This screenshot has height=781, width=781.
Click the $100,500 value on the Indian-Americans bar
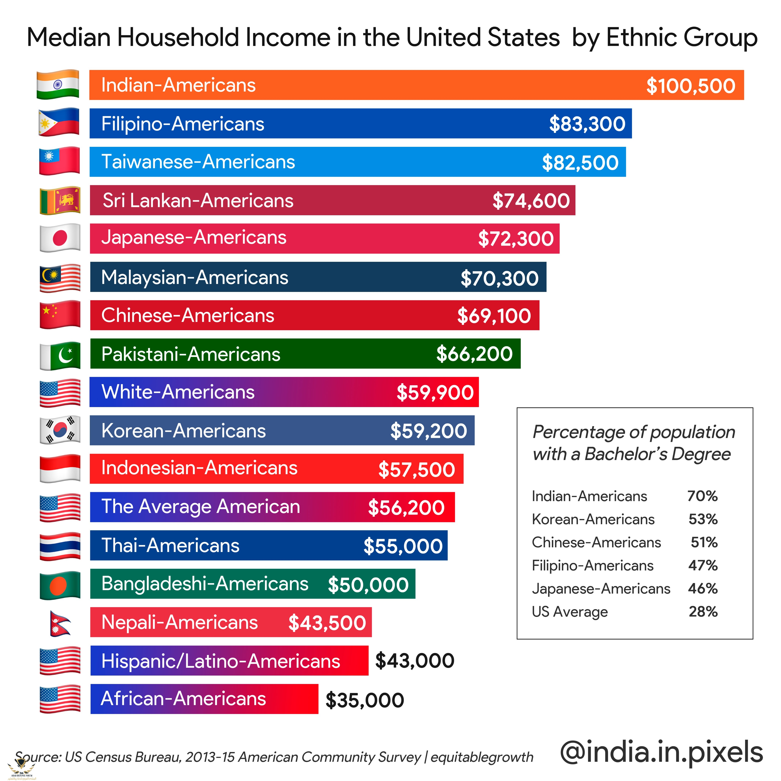tap(690, 86)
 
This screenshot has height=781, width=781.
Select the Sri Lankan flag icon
tap(60, 201)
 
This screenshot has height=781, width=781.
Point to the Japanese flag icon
tap(60, 238)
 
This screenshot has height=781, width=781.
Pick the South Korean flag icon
tap(60, 430)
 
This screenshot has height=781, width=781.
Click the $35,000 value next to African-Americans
tap(365, 700)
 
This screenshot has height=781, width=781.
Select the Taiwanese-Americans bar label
tap(198, 162)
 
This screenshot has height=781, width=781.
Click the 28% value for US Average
tap(703, 612)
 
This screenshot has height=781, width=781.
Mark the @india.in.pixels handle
tap(661, 753)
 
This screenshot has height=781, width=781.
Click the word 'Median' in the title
tap(69, 38)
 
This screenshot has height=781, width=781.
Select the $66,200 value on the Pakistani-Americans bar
tap(474, 354)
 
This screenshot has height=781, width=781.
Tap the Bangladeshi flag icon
tap(60, 585)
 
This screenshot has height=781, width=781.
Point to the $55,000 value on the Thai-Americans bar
tap(403, 546)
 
